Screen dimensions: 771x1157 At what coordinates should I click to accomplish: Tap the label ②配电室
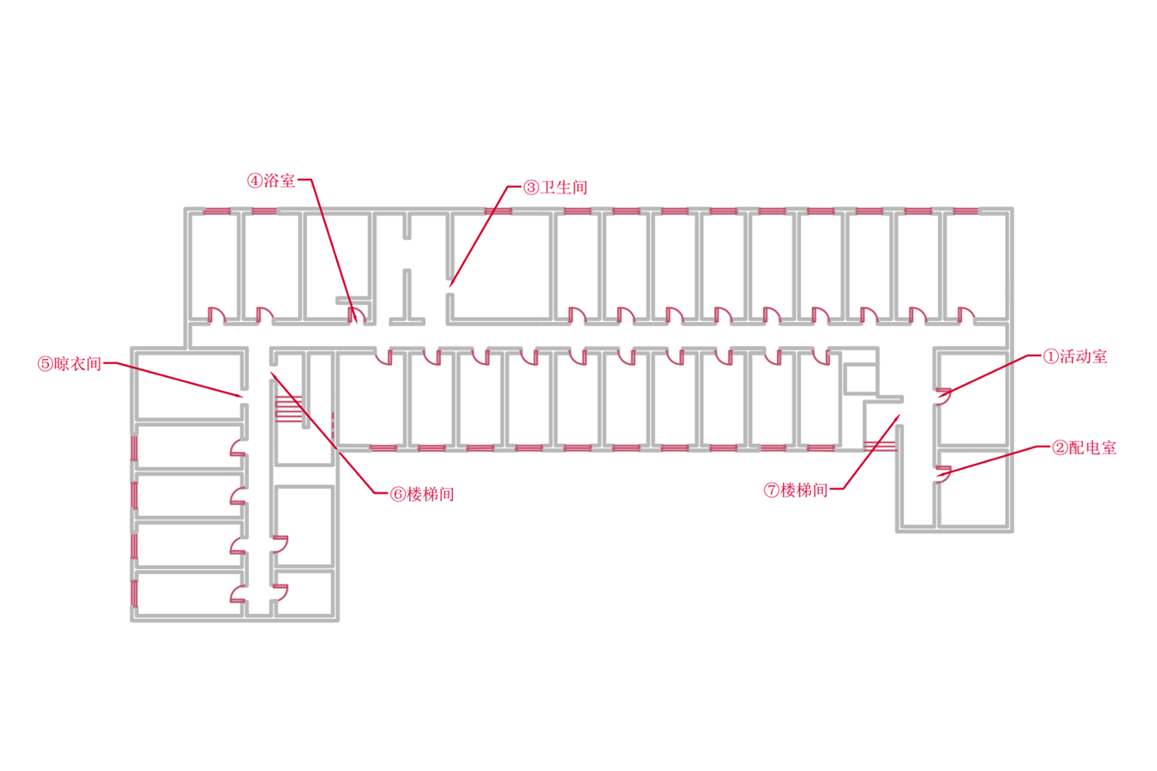point(1084,447)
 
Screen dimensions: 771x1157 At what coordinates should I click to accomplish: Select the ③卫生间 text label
point(555,187)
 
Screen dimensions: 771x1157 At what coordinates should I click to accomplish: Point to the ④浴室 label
point(271,181)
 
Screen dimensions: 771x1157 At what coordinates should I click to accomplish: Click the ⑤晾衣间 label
point(69,364)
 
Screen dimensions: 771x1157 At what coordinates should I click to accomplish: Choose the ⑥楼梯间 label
point(422,494)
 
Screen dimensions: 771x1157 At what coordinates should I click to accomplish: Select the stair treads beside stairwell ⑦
point(879,446)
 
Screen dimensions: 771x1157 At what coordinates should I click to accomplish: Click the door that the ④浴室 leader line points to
point(356,314)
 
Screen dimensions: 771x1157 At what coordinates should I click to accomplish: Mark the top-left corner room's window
point(217,211)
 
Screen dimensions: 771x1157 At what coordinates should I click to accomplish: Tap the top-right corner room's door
point(965,315)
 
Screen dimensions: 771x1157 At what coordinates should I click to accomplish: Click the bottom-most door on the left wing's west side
point(237,594)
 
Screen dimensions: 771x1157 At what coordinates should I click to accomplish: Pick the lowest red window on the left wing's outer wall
point(134,593)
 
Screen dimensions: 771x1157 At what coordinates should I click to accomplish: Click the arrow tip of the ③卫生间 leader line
point(451,286)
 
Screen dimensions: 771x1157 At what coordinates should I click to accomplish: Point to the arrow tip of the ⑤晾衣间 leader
point(242,396)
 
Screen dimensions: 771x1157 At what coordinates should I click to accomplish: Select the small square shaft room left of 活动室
point(860,379)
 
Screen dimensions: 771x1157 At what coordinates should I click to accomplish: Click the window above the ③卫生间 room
point(498,211)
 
